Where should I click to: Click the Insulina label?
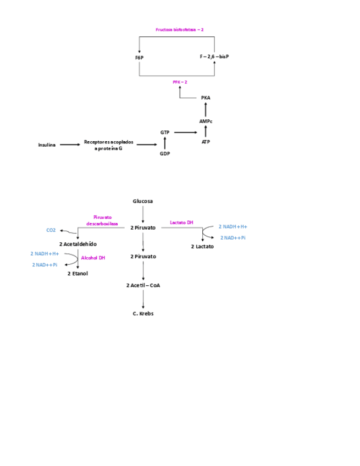tap(47, 145)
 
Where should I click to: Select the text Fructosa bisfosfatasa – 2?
tap(180, 29)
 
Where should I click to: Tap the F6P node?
tap(139, 57)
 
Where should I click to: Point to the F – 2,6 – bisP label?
tap(214, 57)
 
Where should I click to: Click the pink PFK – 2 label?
tap(180, 82)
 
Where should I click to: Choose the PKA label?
tap(206, 98)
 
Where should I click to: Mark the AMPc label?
tap(206, 121)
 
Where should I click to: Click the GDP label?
tap(165, 154)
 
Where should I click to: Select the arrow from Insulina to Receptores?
tap(69, 145)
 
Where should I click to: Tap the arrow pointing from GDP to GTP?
tap(165, 143)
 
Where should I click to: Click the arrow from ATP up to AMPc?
tap(206, 131)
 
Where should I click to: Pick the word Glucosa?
tap(143, 201)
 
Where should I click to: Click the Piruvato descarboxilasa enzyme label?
tap(102, 220)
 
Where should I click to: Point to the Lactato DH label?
tap(181, 223)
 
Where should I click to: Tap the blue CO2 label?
tap(51, 230)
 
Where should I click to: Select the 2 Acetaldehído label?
tap(77, 243)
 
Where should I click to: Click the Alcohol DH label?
tap(93, 258)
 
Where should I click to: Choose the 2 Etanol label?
tap(77, 273)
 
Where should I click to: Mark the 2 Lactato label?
tap(202, 246)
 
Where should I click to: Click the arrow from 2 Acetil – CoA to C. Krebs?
tap(143, 299)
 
